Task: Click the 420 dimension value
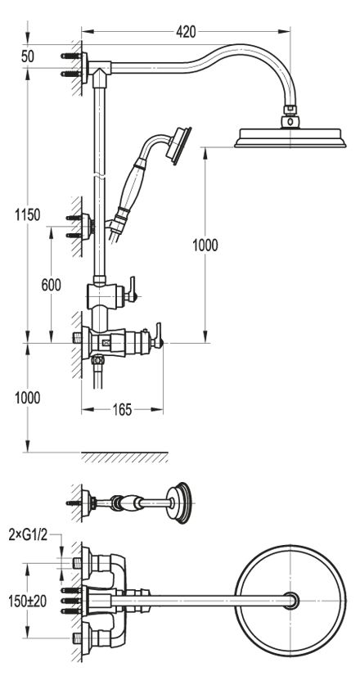click(x=186, y=32)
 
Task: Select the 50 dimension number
click(x=28, y=56)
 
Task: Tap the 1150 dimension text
click(x=28, y=215)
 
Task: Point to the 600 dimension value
click(x=52, y=286)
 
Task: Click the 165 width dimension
click(x=122, y=410)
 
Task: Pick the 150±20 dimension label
click(x=28, y=601)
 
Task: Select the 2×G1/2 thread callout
click(x=29, y=535)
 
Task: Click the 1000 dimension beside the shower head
click(x=205, y=245)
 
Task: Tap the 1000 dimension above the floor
click(x=28, y=398)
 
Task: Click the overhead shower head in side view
click(x=290, y=137)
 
